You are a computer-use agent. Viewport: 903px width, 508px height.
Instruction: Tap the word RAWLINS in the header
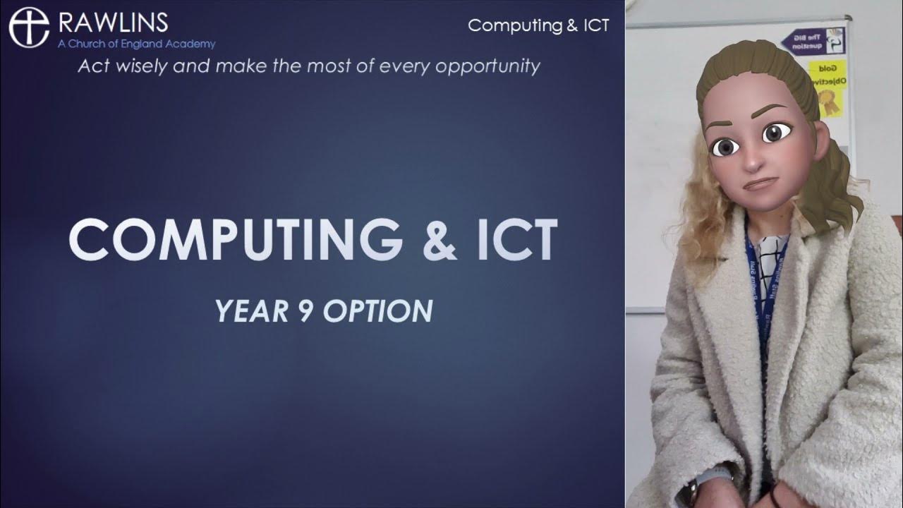113,23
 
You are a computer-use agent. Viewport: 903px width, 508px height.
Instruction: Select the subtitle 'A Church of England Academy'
137,44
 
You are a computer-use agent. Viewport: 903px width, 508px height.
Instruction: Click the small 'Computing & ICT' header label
538,25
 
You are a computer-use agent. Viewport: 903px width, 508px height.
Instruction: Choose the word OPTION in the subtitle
378,311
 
